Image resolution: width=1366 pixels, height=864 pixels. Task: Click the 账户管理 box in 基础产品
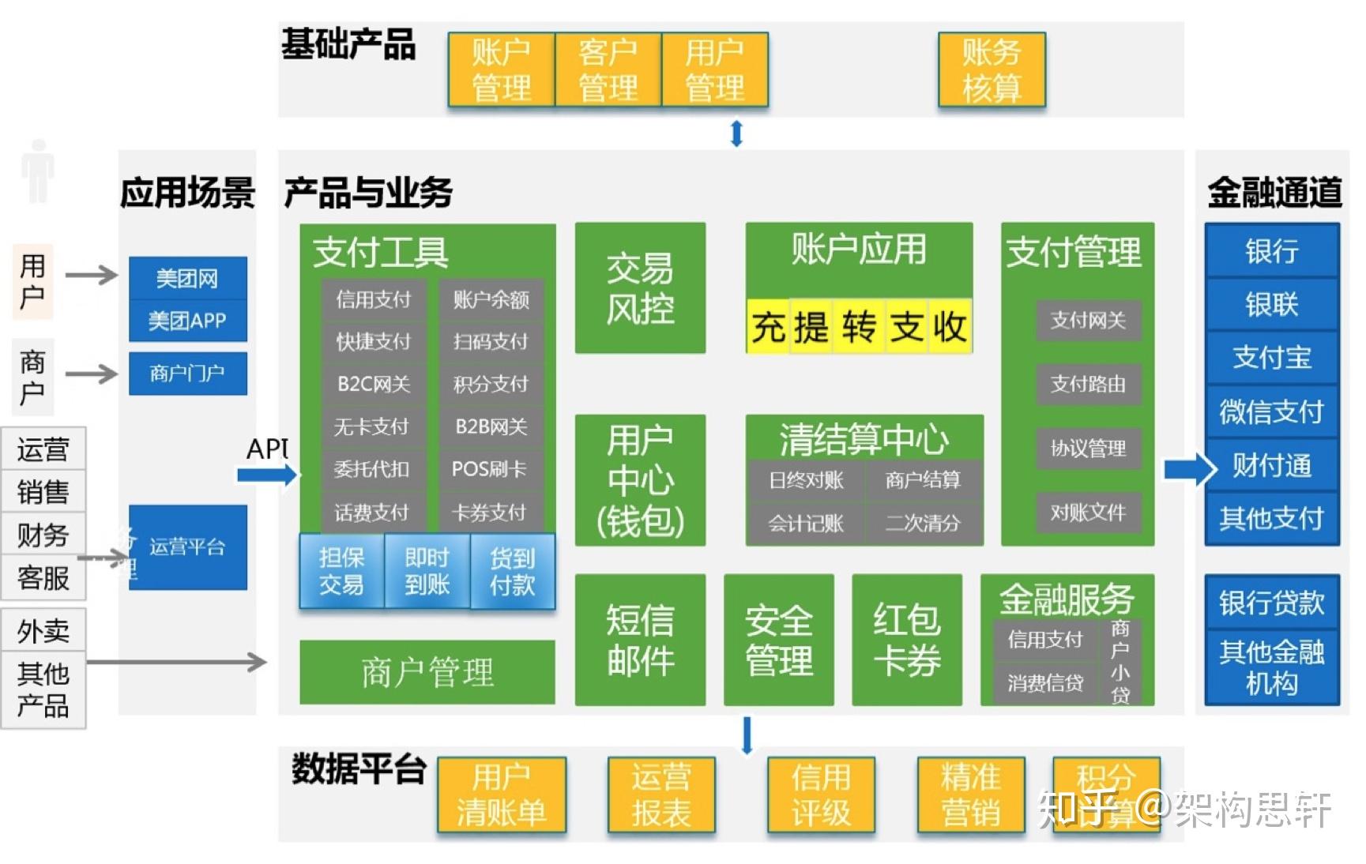point(501,69)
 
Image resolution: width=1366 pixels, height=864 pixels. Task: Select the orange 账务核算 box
point(992,69)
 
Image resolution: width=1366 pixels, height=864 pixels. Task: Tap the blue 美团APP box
point(187,321)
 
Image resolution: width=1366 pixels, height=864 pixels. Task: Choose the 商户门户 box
point(187,373)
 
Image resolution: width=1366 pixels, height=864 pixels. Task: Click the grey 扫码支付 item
point(491,341)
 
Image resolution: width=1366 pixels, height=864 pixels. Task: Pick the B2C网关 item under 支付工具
point(374,384)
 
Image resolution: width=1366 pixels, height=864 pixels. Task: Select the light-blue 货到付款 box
point(512,572)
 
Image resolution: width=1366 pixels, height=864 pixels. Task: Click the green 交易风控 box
point(640,288)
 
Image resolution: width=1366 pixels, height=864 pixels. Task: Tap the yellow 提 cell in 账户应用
point(811,326)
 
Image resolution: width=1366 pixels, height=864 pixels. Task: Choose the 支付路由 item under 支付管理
point(1088,384)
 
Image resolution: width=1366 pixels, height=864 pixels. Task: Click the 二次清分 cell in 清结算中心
point(923,523)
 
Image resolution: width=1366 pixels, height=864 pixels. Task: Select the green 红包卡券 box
point(906,640)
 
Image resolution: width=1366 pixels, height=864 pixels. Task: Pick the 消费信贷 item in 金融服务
point(1044,682)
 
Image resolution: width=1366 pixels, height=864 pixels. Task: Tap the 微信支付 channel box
point(1271,411)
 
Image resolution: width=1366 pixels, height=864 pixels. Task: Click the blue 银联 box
point(1271,304)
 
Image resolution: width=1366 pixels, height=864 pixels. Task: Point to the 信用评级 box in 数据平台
point(821,795)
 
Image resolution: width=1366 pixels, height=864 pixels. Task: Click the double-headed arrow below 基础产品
point(736,133)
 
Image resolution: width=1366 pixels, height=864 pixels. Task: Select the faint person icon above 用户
point(37,171)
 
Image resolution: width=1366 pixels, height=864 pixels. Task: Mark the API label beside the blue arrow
point(267,449)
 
